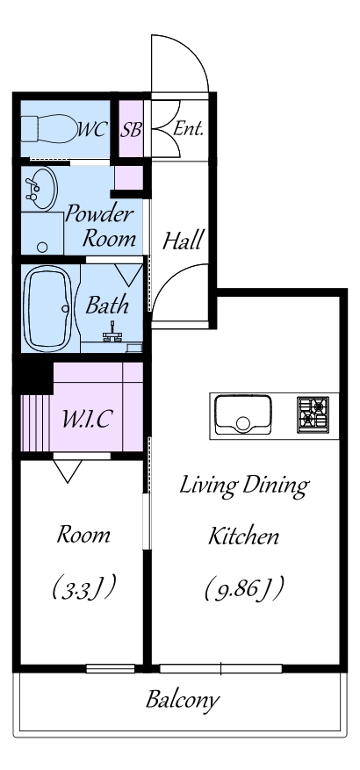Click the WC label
click(92, 130)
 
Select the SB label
click(131, 130)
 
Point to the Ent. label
click(189, 129)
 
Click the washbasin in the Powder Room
click(40, 190)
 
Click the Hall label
click(183, 241)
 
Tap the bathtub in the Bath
click(48, 308)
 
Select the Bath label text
click(107, 305)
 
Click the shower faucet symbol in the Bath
click(113, 334)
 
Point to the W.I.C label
click(88, 420)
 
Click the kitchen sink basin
click(243, 414)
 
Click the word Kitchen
click(243, 536)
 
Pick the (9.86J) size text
click(244, 589)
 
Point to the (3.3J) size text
click(84, 587)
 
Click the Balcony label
click(183, 699)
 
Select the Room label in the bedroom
click(83, 535)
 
